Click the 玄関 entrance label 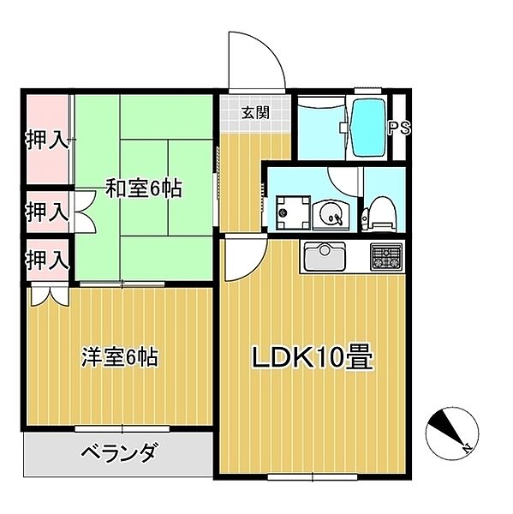click(x=252, y=111)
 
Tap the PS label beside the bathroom click(x=399, y=128)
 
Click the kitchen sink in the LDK click(x=324, y=256)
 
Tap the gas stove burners click(x=386, y=254)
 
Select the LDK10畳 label click(x=312, y=357)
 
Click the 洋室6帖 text click(x=119, y=356)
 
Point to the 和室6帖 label click(x=143, y=188)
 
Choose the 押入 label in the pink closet click(x=45, y=140)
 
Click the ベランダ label click(x=119, y=452)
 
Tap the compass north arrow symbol click(x=450, y=431)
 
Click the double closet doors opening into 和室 click(x=84, y=210)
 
